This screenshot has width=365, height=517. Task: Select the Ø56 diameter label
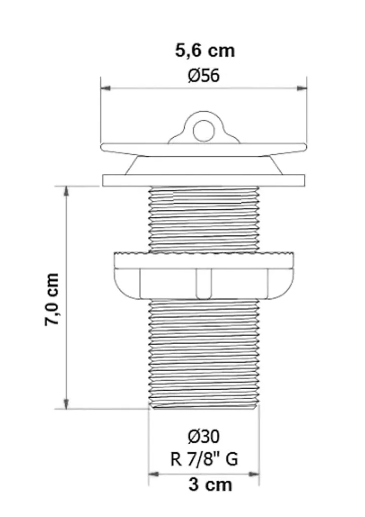click(204, 76)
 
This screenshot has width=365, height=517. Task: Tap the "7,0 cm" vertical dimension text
click(52, 299)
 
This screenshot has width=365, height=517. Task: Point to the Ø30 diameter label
click(204, 437)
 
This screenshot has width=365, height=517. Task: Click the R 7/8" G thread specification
click(204, 459)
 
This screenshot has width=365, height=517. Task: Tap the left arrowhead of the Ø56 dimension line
click(106, 88)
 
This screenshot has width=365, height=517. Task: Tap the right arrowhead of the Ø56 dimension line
click(302, 88)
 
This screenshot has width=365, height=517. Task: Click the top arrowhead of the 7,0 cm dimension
click(66, 191)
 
